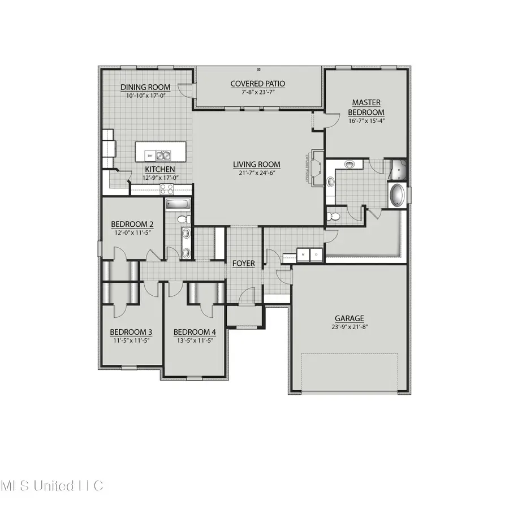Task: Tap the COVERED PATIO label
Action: click(x=257, y=84)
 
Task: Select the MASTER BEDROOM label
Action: click(x=366, y=107)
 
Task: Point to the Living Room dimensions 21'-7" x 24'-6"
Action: click(x=257, y=173)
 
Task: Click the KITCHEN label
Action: click(x=159, y=169)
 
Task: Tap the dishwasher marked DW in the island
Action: click(x=149, y=156)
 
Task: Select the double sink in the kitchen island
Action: click(x=164, y=155)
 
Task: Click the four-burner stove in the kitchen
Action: click(x=167, y=189)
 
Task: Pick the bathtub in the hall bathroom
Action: click(x=178, y=205)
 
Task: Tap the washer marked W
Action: click(x=303, y=255)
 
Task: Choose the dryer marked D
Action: click(x=316, y=255)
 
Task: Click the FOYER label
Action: click(x=244, y=264)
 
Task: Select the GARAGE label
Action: click(x=348, y=318)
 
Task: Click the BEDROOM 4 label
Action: click(x=194, y=332)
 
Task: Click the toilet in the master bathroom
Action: click(x=335, y=216)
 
